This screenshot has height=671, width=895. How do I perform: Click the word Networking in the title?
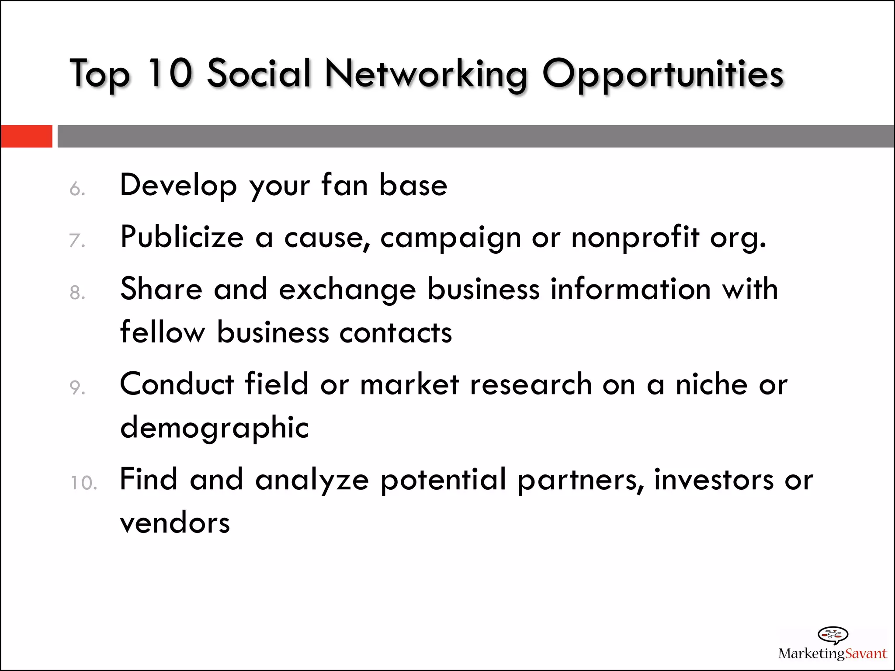point(426,74)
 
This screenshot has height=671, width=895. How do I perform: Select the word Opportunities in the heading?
point(663,74)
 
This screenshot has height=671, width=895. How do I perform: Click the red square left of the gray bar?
point(26,136)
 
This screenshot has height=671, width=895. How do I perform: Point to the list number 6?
point(77,189)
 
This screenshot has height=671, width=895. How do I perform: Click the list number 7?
point(77,241)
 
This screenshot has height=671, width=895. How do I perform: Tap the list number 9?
point(77,387)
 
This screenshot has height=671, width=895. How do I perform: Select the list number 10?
point(83,483)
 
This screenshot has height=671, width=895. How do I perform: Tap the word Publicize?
point(182,237)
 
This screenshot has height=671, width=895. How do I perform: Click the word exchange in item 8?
point(347,290)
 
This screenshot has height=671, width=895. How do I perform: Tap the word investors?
point(714,480)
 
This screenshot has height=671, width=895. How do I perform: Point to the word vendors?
point(175,523)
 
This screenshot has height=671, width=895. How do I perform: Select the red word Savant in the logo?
point(866,654)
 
